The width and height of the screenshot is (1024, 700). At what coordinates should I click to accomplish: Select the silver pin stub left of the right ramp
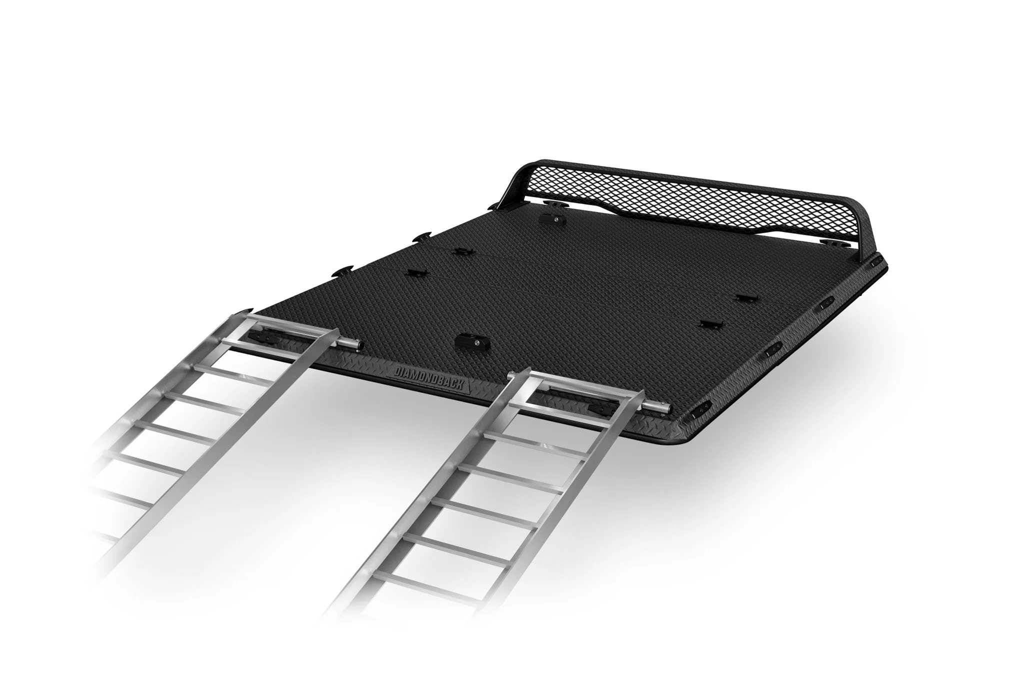[513, 375]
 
